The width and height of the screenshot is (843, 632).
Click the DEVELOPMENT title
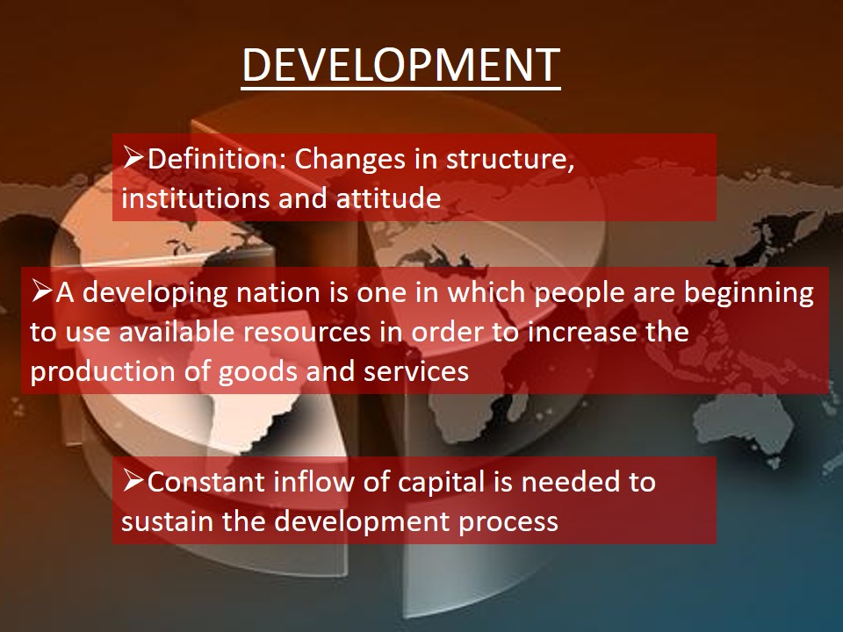click(x=401, y=65)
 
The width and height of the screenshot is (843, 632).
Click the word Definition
click(x=217, y=159)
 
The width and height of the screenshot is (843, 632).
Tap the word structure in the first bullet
click(x=510, y=159)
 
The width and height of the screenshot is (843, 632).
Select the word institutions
click(x=196, y=197)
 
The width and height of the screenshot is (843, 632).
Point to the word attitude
click(x=389, y=197)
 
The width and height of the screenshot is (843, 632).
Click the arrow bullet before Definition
click(x=133, y=156)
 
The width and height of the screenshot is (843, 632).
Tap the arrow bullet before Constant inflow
click(x=133, y=479)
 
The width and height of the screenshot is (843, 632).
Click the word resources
click(x=307, y=332)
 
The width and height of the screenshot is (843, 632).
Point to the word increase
click(x=582, y=332)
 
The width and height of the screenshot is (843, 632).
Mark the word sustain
click(x=167, y=521)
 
